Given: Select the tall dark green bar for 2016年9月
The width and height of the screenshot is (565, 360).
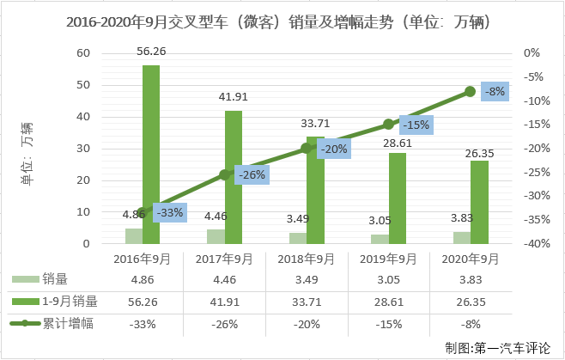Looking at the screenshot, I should pyautogui.click(x=151, y=155).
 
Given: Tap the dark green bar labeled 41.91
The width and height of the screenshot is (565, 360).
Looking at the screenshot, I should pyautogui.click(x=233, y=177).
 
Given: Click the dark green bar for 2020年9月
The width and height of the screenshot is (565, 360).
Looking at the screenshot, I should pyautogui.click(x=479, y=202).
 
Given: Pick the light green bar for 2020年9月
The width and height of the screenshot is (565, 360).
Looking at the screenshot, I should pyautogui.click(x=462, y=238).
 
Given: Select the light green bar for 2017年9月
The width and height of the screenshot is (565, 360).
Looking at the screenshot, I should pyautogui.click(x=216, y=236).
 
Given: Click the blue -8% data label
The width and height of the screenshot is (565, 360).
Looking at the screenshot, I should pyautogui.click(x=495, y=91).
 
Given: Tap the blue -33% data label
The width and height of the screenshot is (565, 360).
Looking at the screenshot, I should pyautogui.click(x=168, y=213).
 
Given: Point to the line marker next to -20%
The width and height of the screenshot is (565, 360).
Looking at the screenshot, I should pyautogui.click(x=307, y=149).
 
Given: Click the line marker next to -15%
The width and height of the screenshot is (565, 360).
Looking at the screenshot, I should pyautogui.click(x=388, y=125).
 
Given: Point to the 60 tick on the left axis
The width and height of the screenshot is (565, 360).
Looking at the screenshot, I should pyautogui.click(x=82, y=53).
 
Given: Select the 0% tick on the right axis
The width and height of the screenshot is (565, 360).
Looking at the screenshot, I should pyautogui.click(x=532, y=53).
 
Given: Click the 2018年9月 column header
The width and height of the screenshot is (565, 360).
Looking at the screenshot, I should pyautogui.click(x=306, y=259).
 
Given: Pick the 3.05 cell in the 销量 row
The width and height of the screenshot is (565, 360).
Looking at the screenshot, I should pyautogui.click(x=388, y=279).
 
